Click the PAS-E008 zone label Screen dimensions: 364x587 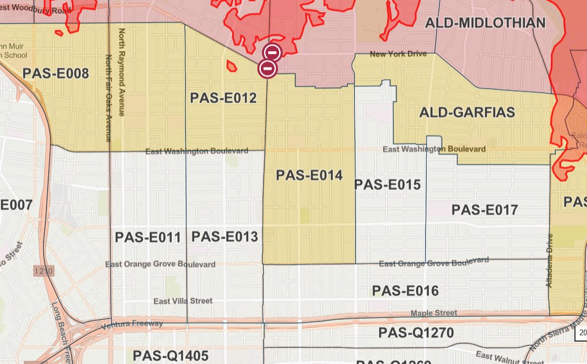[x=56, y=73]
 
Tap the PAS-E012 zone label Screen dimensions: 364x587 [x=223, y=98]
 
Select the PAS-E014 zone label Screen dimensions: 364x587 [x=309, y=175]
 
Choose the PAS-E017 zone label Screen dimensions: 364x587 [x=485, y=210]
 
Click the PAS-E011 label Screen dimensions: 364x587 [x=148, y=237]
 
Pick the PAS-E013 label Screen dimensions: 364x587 [x=225, y=237]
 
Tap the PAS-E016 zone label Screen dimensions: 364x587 [x=405, y=291]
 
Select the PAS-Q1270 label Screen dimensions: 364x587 [x=416, y=333]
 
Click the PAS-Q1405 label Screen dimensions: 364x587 [x=170, y=355]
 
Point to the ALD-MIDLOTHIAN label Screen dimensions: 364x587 [x=485, y=24]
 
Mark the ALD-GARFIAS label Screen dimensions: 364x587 [x=467, y=112]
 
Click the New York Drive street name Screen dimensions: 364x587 [x=399, y=54]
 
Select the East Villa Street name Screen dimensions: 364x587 [x=183, y=301]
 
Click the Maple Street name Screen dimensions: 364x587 [x=434, y=313]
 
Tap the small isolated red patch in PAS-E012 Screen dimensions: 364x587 [x=231, y=67]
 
